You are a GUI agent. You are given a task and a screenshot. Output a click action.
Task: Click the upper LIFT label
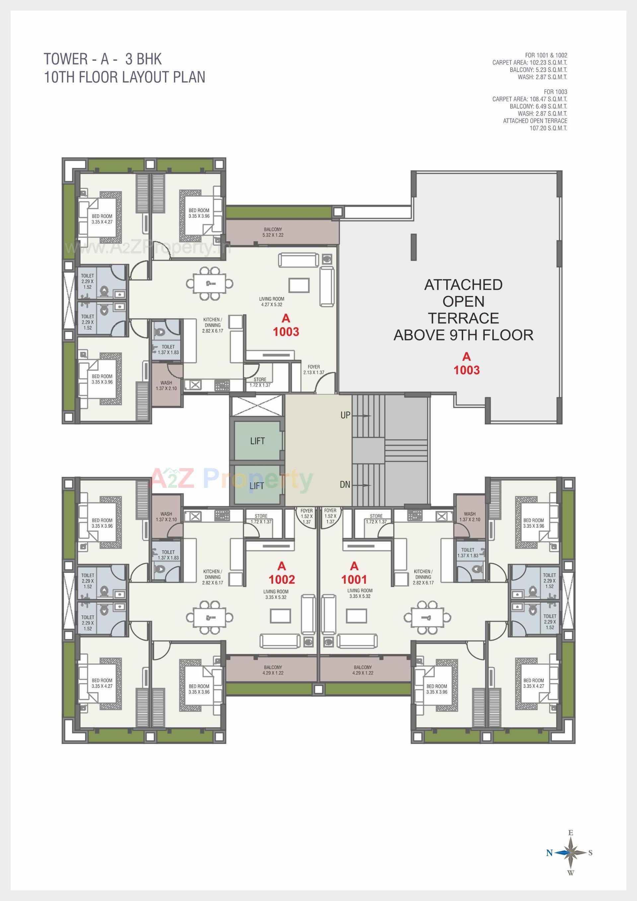[257, 441]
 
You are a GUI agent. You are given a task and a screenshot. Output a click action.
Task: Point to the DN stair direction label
[345, 485]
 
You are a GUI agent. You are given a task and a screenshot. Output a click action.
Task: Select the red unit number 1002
[282, 580]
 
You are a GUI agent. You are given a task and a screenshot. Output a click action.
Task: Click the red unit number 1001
[354, 580]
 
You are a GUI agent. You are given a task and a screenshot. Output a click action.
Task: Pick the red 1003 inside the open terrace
[466, 370]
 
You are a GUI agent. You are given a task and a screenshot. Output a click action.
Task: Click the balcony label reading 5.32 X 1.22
[273, 235]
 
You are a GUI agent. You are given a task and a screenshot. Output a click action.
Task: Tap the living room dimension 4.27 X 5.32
[272, 305]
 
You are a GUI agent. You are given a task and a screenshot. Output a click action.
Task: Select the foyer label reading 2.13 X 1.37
[314, 373]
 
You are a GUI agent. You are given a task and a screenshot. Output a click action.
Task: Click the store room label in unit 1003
[260, 382]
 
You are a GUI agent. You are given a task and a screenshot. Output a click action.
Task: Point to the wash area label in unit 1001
[469, 517]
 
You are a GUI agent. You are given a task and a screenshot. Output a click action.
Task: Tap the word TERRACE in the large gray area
[463, 318]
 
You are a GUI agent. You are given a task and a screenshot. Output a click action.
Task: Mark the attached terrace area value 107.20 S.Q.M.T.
[548, 128]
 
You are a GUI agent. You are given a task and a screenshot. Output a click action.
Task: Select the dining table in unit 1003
[209, 283]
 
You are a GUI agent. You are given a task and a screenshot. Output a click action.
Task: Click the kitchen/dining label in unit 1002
[212, 577]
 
